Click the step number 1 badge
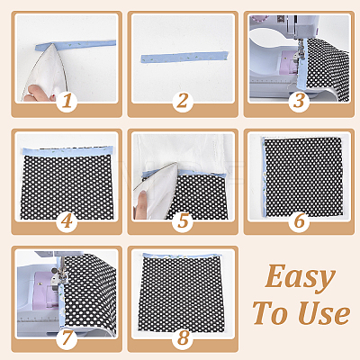pos(67,102)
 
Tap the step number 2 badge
pos(183,102)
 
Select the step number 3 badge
pos(299,102)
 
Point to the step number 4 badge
pos(67,221)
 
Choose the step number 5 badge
pos(183,221)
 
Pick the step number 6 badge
pos(299,221)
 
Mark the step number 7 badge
pos(67,338)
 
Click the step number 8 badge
pos(183,338)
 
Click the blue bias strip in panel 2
pos(184,57)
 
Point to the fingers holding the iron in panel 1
pos(40,94)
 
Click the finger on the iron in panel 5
pos(140,204)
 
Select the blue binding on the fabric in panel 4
pos(67,150)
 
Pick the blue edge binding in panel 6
pos(264,177)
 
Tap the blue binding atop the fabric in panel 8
pos(182,256)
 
